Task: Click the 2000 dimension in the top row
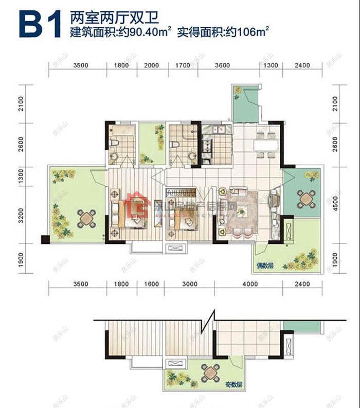tap(151, 66)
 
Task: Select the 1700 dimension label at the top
tap(182, 66)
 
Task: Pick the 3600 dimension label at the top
tap(222, 66)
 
